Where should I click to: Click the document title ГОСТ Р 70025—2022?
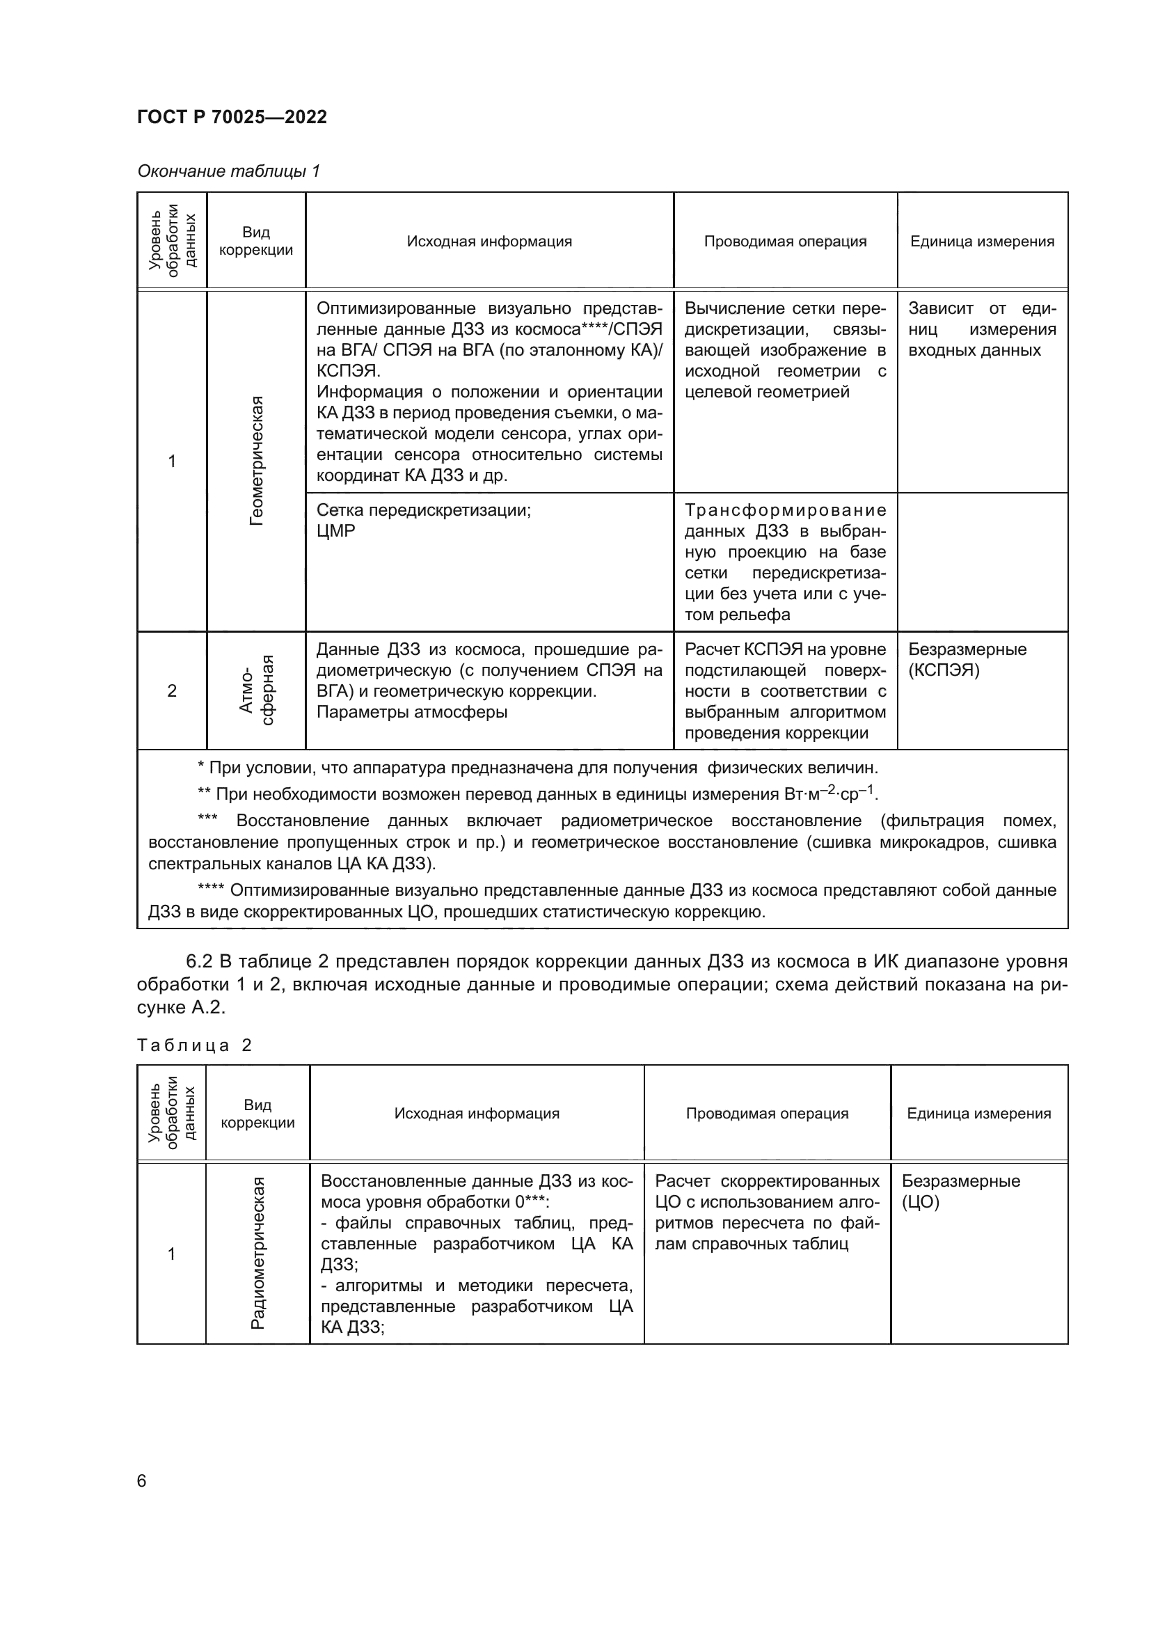pos(232,117)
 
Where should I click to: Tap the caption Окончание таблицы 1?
pos(228,171)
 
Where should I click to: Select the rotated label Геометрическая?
pos(257,461)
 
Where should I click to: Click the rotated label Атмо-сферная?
pos(257,690)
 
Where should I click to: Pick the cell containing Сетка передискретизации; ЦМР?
pos(423,521)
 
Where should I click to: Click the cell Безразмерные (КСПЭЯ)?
pos(967,659)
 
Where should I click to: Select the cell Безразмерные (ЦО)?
pos(960,1191)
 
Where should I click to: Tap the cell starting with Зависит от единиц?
pos(982,329)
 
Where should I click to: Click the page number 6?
pos(142,1480)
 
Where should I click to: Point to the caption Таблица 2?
pos(194,1045)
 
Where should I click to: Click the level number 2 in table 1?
pos(171,690)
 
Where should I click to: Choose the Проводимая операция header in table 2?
pos(767,1113)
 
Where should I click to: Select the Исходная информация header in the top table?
pos(489,241)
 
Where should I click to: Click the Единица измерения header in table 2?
pos(979,1113)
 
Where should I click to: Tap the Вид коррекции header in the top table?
pos(256,241)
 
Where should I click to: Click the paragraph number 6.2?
pos(200,961)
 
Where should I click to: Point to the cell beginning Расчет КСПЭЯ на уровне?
pos(785,690)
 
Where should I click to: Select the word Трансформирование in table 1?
pos(785,509)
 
